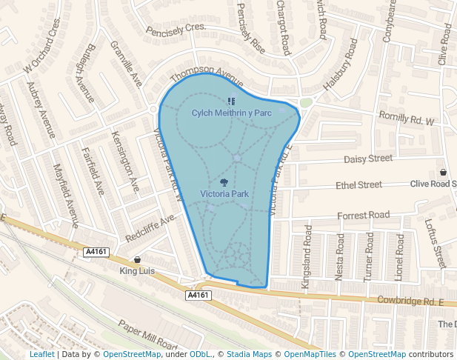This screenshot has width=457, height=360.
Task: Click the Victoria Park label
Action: (x=224, y=194)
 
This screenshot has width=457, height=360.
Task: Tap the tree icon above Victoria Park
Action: (x=224, y=182)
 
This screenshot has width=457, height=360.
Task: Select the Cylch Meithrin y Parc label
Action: (x=232, y=113)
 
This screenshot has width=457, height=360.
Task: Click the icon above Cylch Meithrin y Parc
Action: (x=231, y=101)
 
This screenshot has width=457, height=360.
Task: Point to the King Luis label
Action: (x=137, y=271)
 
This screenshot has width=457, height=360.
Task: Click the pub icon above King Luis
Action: (x=137, y=260)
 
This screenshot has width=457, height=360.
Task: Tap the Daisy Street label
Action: (x=368, y=159)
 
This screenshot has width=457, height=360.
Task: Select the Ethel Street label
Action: (x=358, y=184)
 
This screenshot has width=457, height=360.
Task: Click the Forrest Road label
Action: (x=363, y=215)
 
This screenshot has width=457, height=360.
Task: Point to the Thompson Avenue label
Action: (x=207, y=77)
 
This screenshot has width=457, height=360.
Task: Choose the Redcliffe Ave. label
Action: (x=150, y=229)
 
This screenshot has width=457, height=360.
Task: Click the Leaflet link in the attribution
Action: (x=41, y=355)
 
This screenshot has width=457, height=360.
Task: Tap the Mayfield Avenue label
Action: (x=66, y=201)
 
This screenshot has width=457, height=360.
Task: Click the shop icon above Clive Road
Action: (x=443, y=173)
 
